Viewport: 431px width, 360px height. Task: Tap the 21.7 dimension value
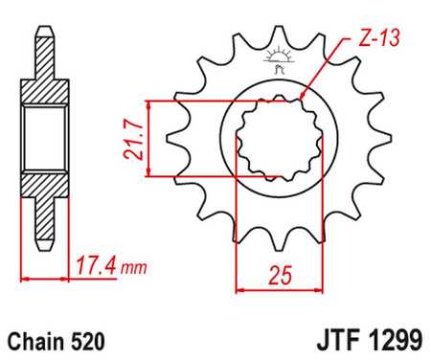point(133,140)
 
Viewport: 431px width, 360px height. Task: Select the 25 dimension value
point(280,275)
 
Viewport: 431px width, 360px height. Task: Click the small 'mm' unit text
point(133,268)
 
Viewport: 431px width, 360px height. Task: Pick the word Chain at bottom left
point(35,342)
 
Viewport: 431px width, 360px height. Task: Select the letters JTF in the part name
point(339,340)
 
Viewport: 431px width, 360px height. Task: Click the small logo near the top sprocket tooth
point(278,59)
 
